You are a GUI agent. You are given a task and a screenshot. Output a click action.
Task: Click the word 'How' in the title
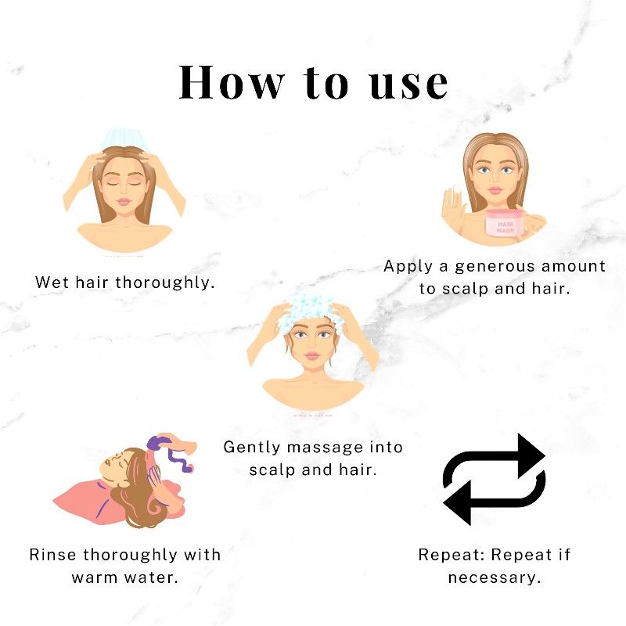(231, 82)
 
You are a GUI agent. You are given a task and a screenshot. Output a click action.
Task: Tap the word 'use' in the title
(408, 85)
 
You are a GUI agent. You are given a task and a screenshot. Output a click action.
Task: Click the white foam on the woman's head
(307, 310)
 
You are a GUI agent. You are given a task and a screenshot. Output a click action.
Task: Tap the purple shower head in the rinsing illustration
(158, 443)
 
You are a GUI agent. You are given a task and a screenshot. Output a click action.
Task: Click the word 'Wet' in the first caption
(52, 282)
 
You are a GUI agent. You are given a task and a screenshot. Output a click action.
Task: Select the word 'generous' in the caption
(495, 266)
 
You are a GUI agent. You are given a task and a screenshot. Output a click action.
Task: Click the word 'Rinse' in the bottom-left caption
(52, 555)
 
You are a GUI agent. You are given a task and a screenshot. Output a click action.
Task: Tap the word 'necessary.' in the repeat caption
(495, 577)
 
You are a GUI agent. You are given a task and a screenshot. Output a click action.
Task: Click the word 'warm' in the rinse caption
(94, 577)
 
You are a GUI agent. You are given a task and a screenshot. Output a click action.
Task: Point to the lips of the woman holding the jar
(495, 190)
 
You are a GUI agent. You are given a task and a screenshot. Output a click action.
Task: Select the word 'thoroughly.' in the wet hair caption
(165, 282)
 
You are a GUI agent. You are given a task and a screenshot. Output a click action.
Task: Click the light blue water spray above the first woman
(124, 139)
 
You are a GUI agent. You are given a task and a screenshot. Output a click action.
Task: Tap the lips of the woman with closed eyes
(124, 201)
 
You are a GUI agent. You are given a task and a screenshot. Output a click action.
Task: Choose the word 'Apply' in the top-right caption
(408, 266)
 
